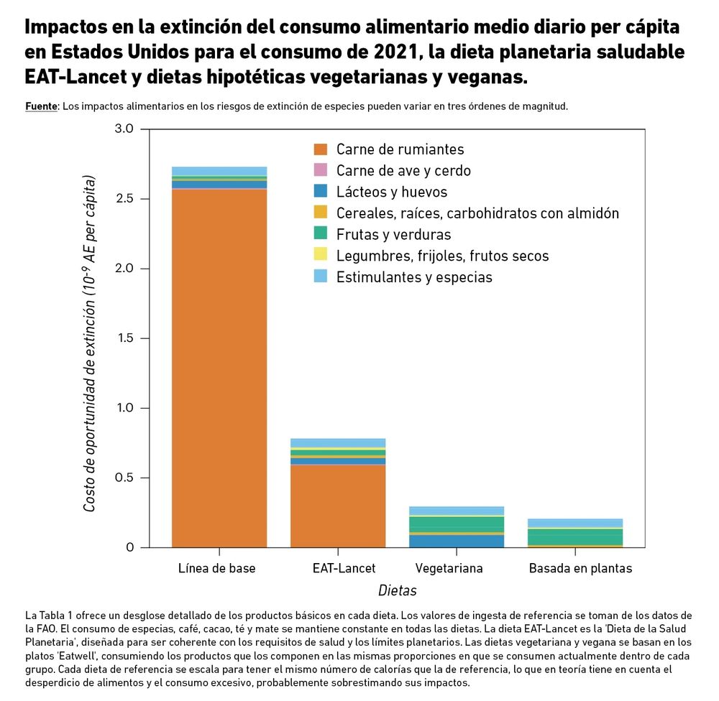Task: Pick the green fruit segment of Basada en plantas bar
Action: click(574, 537)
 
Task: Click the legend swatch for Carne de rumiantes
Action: click(321, 149)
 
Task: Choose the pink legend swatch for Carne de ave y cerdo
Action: click(321, 171)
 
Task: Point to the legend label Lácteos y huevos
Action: click(392, 192)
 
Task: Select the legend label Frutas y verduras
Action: click(393, 234)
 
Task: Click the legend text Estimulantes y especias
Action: click(414, 277)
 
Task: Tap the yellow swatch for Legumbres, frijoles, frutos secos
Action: click(321, 256)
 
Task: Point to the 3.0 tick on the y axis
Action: click(124, 129)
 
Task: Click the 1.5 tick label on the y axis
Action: click(124, 338)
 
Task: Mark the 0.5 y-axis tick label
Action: click(124, 478)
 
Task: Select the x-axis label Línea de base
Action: click(216, 568)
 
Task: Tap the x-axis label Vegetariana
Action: click(449, 568)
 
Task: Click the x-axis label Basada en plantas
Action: click(580, 568)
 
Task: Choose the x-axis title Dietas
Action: click(398, 590)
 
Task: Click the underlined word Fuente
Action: click(41, 106)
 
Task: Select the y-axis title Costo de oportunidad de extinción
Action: click(90, 352)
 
